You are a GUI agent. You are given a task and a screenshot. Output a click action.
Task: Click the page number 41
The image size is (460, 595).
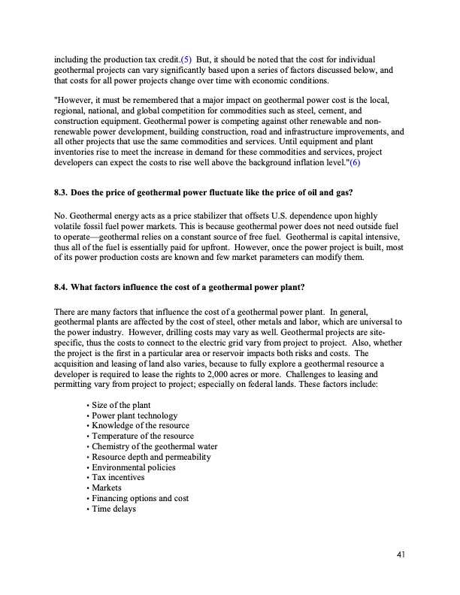pyautogui.click(x=401, y=555)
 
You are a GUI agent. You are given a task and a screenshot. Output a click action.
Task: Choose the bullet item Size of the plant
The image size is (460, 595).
pyautogui.click(x=122, y=406)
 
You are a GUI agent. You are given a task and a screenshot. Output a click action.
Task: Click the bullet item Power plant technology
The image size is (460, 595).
pyautogui.click(x=135, y=415)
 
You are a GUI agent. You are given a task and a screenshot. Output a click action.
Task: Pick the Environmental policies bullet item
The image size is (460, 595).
pyautogui.click(x=134, y=467)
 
